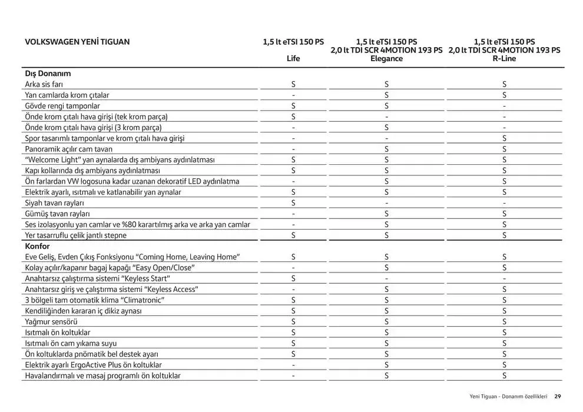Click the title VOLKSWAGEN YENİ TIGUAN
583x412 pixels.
77,42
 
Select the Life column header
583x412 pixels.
293,58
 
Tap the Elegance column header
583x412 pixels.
386,58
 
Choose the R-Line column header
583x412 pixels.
504,58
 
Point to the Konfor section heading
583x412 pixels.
37,246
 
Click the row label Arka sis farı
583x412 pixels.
44,84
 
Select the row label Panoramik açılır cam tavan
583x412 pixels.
68,149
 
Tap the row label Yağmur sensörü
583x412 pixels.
51,321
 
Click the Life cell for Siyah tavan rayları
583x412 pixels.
293,203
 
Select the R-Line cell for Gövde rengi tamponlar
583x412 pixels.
504,106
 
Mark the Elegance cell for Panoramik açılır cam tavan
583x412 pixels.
386,149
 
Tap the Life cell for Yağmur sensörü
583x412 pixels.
293,321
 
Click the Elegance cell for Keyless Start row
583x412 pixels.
386,278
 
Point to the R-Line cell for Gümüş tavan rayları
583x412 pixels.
504,214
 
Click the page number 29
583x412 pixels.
558,396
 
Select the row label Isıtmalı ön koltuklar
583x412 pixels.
57,333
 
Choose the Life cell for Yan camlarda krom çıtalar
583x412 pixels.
293,95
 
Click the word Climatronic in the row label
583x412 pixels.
141,300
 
